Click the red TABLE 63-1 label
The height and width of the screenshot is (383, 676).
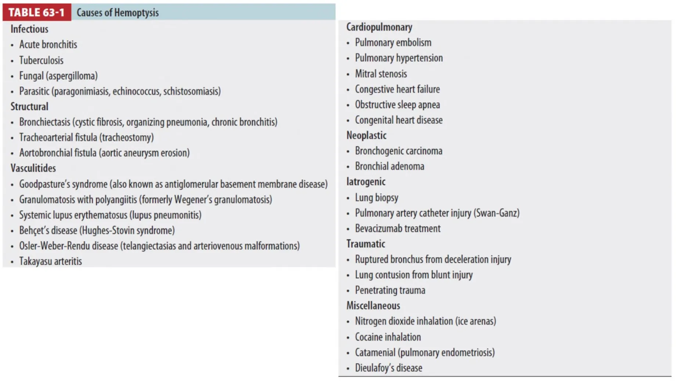tap(36, 12)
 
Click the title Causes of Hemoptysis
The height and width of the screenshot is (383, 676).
tap(118, 12)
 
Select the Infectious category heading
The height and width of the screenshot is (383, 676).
tap(29, 29)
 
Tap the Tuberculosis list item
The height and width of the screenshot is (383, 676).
tap(41, 60)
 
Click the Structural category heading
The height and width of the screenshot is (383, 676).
tap(29, 107)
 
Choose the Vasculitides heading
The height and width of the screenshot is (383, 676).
tap(33, 168)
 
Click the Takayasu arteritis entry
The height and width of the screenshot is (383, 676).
tap(50, 261)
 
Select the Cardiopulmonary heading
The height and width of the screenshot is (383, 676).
tap(379, 27)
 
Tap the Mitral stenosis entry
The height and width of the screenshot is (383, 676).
tap(381, 74)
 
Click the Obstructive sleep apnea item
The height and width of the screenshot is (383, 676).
tap(397, 105)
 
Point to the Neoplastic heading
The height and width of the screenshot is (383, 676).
tap(366, 136)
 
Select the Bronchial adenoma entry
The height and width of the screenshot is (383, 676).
tap(389, 167)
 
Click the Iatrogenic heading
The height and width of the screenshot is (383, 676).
tap(366, 182)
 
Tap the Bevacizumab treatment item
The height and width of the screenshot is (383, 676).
tap(398, 229)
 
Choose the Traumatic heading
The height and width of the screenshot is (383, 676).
tap(366, 244)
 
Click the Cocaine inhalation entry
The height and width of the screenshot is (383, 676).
tap(388, 337)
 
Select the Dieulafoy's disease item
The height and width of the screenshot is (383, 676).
tap(388, 368)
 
